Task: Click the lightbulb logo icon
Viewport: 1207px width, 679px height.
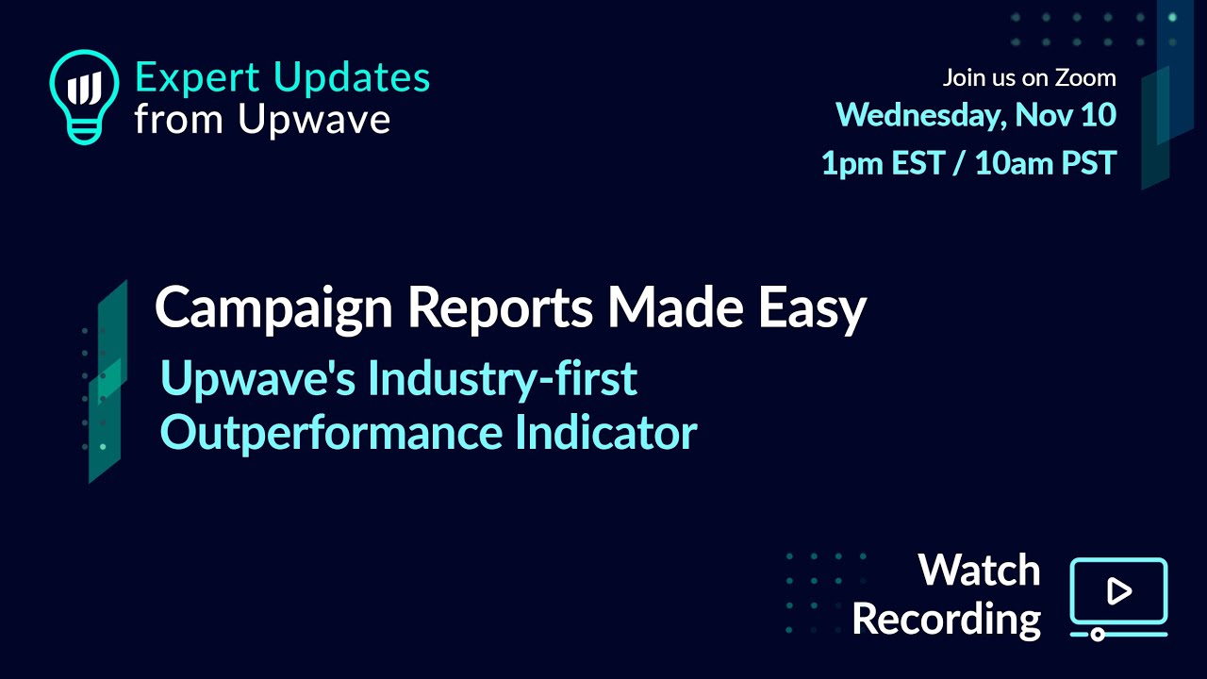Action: point(84,97)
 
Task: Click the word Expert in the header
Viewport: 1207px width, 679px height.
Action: point(197,78)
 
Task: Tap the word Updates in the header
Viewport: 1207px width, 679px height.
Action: point(352,78)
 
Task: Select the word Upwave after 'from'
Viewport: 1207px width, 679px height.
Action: point(314,119)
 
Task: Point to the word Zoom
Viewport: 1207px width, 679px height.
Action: point(1085,78)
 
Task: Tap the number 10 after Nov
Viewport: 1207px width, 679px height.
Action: point(1099,115)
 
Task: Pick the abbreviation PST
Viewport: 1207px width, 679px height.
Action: point(1089,163)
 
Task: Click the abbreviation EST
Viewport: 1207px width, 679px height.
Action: point(918,163)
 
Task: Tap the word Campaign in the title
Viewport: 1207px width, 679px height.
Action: point(274,308)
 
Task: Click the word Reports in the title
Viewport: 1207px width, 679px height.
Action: point(501,308)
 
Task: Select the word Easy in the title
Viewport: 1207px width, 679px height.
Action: point(813,308)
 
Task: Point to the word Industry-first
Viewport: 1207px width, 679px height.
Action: point(503,378)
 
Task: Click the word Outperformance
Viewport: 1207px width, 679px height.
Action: point(331,434)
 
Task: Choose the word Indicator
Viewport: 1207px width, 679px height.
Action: point(606,432)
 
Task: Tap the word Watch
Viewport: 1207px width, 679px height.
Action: point(980,571)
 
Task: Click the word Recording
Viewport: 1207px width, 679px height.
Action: point(946,621)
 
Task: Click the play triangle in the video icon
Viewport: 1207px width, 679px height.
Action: point(1119,591)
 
